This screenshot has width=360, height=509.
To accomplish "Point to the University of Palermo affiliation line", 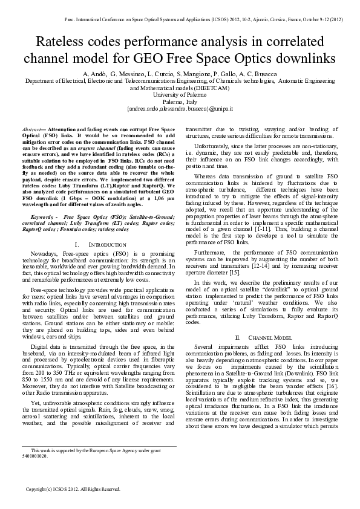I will click(x=180, y=95).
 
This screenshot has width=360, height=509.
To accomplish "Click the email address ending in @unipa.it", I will click(x=180, y=109).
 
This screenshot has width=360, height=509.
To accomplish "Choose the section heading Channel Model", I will click(x=261, y=336).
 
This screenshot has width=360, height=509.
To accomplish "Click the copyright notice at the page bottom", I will click(x=73, y=488).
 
